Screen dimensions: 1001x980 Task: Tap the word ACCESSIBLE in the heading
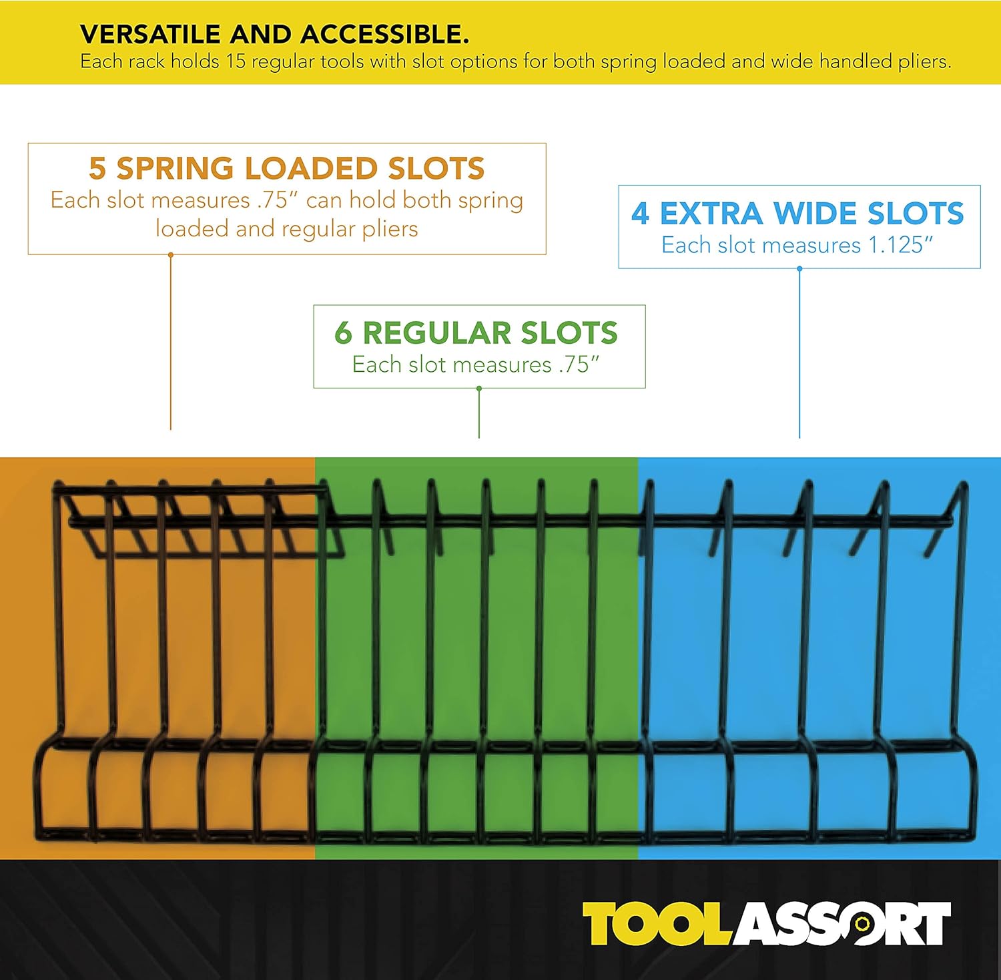[384, 34]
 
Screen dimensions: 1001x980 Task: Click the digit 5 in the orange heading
[97, 168]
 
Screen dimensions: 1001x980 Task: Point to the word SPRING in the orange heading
[176, 168]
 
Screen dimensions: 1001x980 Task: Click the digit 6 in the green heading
[343, 332]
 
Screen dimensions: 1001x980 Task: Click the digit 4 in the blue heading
[640, 214]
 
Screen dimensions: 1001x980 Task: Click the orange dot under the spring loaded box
[171, 255]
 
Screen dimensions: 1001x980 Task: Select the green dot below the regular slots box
[479, 389]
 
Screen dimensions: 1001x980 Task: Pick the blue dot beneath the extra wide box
[799, 269]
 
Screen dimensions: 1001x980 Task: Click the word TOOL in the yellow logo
[658, 924]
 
